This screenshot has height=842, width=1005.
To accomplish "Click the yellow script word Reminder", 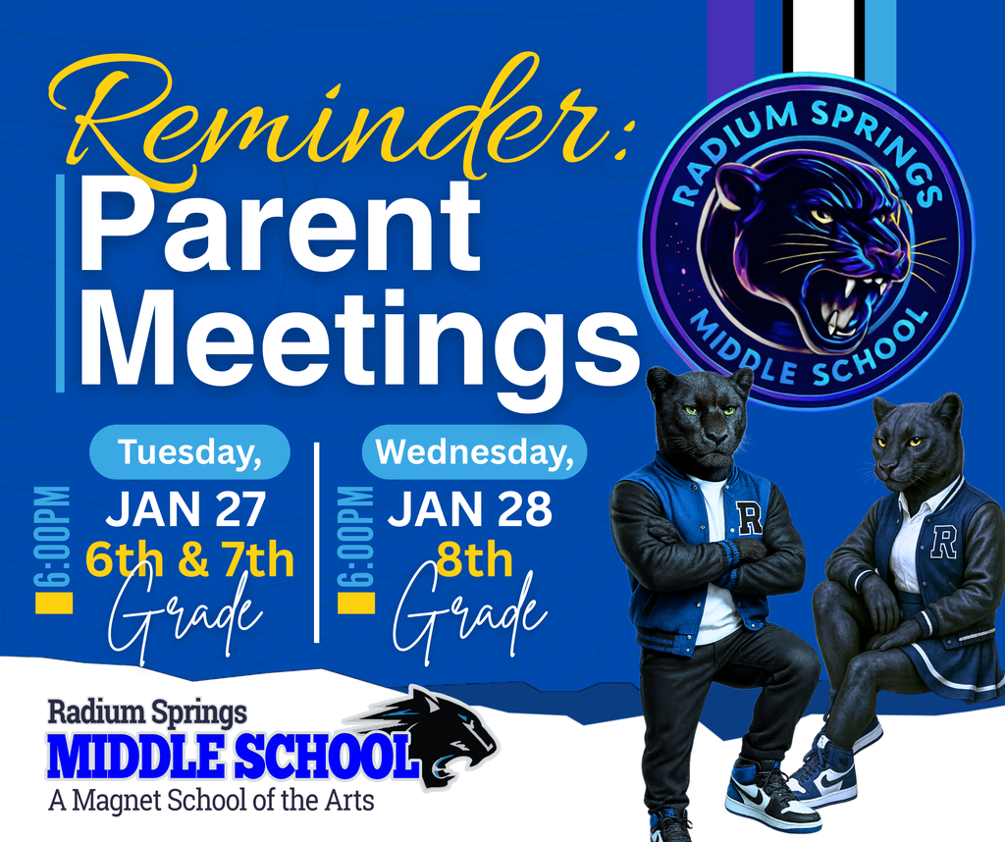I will point(324,123).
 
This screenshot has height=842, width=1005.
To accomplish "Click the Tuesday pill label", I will point(189,451).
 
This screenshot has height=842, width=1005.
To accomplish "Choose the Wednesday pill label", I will point(474,451).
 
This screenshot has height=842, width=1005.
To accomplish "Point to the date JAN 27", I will point(185,509).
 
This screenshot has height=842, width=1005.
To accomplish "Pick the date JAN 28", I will point(470,509).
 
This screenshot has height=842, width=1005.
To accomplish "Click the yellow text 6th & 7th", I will point(189,560).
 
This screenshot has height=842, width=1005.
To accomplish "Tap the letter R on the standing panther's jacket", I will point(749,517).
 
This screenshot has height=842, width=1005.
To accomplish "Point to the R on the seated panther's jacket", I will point(944,541).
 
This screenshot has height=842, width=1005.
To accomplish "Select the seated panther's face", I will point(914,447).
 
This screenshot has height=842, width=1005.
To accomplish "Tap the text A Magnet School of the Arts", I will point(211,800).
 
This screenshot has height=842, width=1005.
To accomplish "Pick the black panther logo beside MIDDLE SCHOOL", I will point(442,731).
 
